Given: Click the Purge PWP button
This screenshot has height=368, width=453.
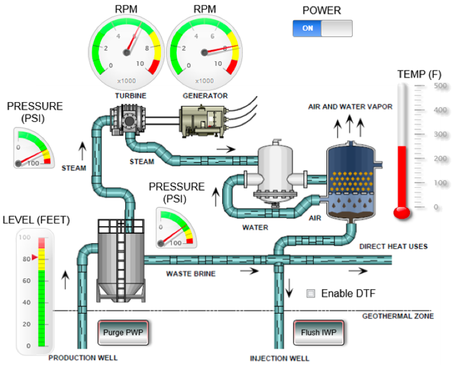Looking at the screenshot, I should coord(123,333).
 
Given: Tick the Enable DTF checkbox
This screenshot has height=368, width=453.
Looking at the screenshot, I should coord(311,293).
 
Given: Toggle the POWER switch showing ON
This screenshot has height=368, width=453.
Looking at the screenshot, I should coord(322,28).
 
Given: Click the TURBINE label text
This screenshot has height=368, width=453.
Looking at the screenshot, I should coord(130,96).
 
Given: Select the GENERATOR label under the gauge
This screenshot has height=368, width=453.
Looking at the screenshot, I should coord(204,96).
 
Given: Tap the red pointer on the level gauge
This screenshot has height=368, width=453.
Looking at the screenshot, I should coord(34,257).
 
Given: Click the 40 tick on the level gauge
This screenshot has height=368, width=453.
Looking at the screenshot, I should coord(25,303).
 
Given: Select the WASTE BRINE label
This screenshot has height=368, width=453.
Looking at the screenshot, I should coord(191,273).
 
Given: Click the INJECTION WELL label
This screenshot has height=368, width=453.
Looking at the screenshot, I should coord(280,358).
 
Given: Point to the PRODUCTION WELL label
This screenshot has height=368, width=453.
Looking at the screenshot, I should coord(83,358).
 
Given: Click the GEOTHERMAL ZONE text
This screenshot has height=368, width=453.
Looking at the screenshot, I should coord(398,316).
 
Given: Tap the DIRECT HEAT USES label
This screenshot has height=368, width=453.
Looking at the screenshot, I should coord(393,246).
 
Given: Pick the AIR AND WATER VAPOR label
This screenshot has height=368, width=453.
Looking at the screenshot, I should coord(350,107).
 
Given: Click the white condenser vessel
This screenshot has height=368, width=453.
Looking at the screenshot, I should coord(276,169).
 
